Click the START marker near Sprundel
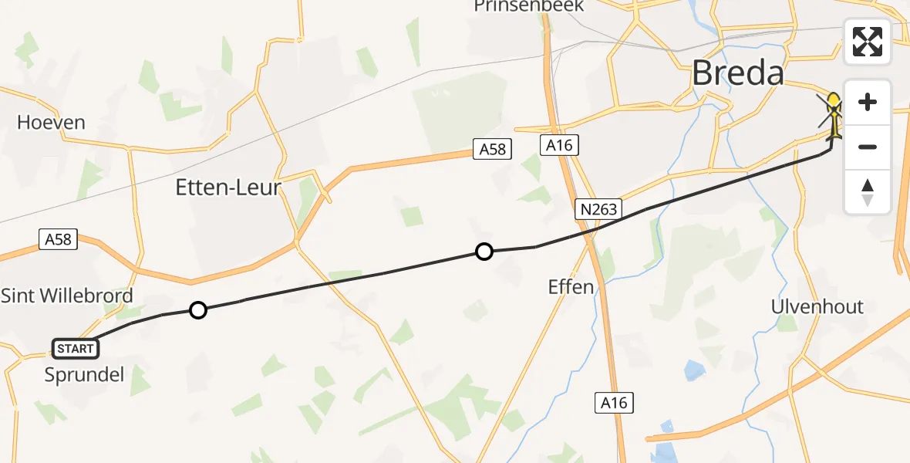click(75, 349)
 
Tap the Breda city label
click(738, 73)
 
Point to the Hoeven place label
click(51, 123)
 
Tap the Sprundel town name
click(84, 376)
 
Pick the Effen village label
click(571, 288)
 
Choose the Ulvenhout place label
click(817, 306)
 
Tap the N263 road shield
click(598, 210)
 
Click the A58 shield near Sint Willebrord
click(58, 239)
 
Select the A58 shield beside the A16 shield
click(492, 149)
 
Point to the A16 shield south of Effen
click(614, 402)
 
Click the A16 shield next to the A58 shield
click(559, 145)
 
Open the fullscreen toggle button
click(868, 42)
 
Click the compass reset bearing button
click(868, 192)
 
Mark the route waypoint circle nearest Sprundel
click(198, 310)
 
